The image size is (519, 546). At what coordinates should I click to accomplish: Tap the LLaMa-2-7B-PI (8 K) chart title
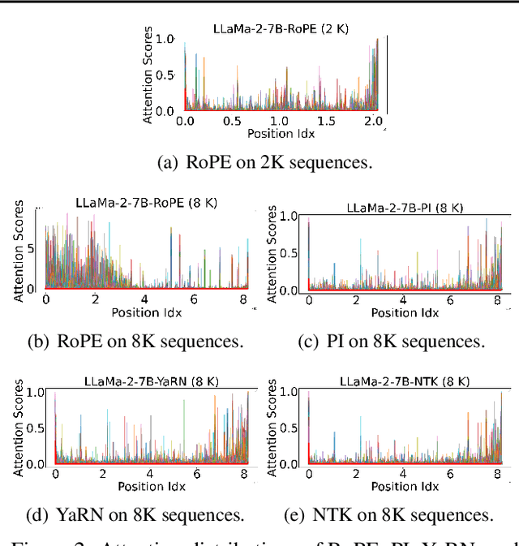[x=404, y=208]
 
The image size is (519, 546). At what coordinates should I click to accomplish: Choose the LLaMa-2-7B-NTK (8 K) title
[x=404, y=380]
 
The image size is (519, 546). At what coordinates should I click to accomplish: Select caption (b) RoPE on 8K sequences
[x=135, y=341]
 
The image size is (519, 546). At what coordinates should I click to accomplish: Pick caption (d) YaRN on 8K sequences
[x=135, y=514]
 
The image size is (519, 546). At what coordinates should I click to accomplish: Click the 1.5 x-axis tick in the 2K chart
[x=326, y=121]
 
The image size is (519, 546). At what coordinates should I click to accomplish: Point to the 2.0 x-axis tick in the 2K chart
[x=373, y=121]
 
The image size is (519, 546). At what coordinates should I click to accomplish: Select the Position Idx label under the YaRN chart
[x=152, y=487]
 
